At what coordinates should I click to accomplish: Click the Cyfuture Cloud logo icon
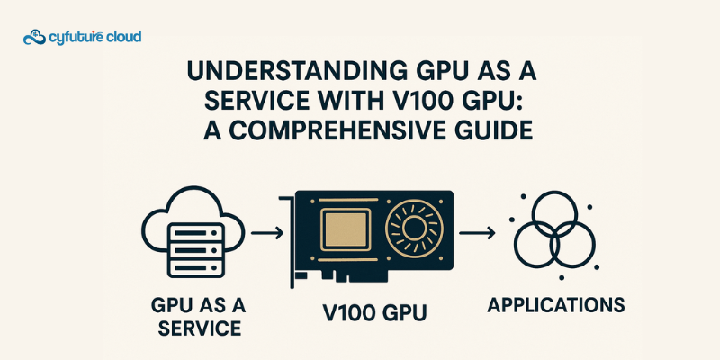[34, 38]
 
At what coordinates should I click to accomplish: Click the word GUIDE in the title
[488, 131]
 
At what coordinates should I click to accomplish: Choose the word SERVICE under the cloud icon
[193, 328]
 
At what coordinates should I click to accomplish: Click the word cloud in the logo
[121, 38]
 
